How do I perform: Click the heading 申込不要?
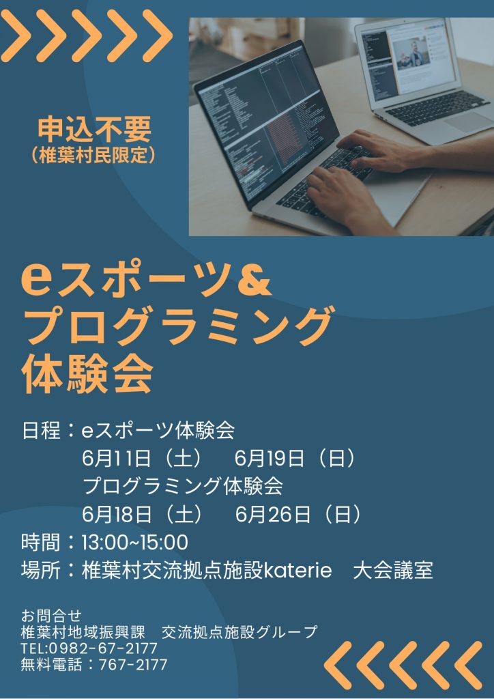click(94, 130)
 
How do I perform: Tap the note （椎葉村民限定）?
click(94, 155)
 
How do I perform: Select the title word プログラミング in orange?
click(177, 326)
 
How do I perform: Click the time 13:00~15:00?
click(134, 543)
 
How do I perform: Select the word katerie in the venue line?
click(298, 571)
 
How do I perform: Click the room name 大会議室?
click(393, 571)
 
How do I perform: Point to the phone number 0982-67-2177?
click(103, 648)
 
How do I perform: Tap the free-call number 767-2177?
click(133, 664)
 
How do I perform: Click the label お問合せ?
click(51, 616)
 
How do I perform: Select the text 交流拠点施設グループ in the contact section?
click(239, 631)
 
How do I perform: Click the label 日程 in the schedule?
click(40, 431)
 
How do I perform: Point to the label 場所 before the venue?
click(40, 571)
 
